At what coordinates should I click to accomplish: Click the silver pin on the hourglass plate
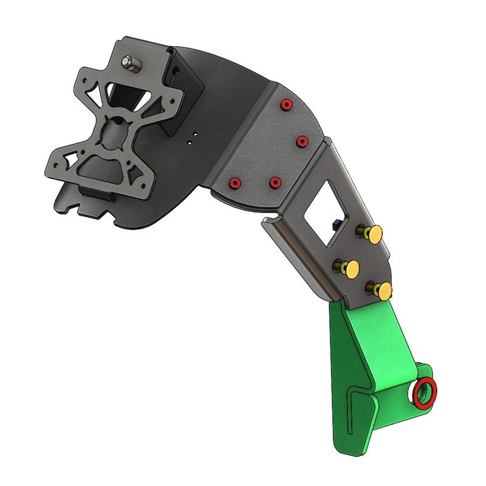tap(130, 63)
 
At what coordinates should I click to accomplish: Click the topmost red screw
tap(285, 106)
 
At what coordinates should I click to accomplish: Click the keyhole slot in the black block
tap(176, 72)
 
